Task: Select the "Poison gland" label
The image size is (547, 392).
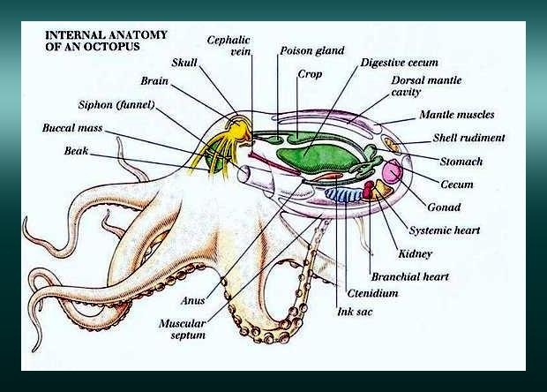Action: pos(311,50)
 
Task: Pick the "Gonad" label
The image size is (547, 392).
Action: pos(444,207)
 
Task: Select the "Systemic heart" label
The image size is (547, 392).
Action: pos(446,230)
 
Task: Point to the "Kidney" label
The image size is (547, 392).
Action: pos(415,254)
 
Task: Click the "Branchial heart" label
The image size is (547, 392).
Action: pos(409,276)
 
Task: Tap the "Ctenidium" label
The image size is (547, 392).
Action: pos(371,292)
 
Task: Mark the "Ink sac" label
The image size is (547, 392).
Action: pos(354,311)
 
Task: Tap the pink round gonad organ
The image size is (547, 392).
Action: pos(392,170)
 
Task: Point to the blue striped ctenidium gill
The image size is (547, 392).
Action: pos(339,193)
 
